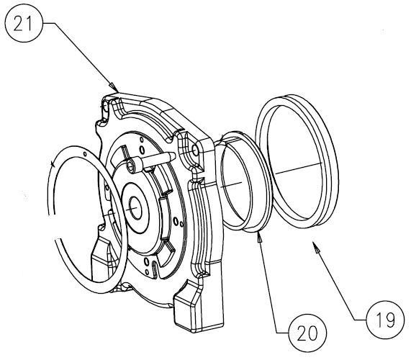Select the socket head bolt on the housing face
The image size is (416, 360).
131,166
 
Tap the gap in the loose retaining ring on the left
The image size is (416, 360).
52,166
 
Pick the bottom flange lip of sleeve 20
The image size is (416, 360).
248,229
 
